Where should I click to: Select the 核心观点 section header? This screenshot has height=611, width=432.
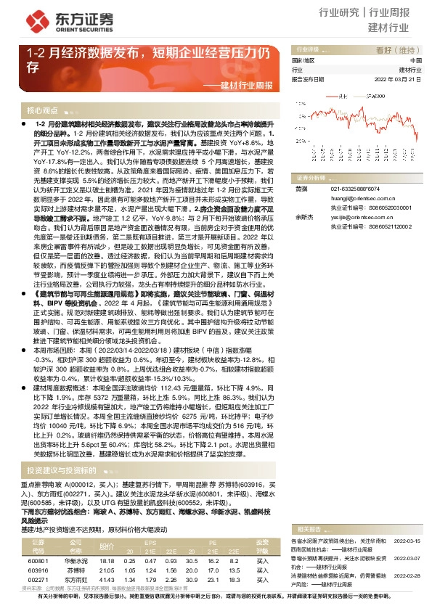pyautogui.click(x=43, y=110)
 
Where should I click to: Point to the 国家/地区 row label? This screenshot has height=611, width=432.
pyautogui.click(x=304, y=61)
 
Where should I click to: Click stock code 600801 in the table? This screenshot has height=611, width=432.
pyautogui.click(x=38, y=560)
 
